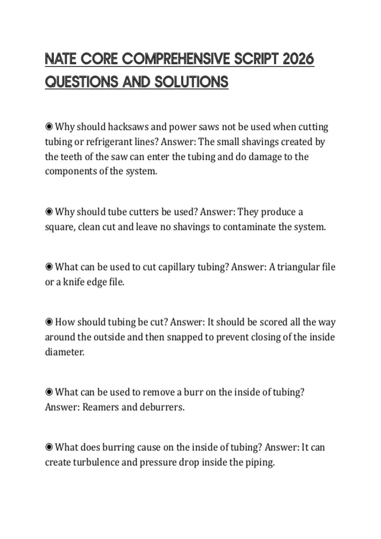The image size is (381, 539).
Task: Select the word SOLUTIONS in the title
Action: point(191,82)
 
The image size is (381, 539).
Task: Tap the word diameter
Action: point(65,352)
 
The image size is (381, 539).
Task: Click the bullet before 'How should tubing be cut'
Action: point(49,322)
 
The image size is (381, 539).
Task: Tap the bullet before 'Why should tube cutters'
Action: point(49,212)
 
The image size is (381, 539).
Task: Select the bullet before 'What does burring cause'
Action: point(49,447)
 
